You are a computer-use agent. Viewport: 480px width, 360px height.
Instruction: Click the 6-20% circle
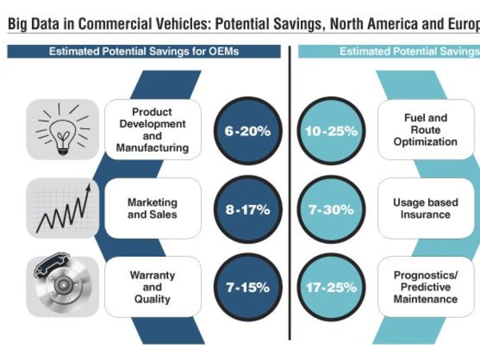[246, 130]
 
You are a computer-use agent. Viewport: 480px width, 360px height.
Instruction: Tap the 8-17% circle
[246, 209]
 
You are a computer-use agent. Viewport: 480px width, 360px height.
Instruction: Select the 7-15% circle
[246, 287]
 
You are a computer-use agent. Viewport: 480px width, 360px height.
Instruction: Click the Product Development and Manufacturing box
[152, 130]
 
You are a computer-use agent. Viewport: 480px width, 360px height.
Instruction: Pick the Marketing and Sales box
[152, 209]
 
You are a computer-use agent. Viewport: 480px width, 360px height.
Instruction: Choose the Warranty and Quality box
[152, 286]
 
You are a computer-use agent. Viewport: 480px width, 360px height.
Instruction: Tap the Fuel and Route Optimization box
[426, 130]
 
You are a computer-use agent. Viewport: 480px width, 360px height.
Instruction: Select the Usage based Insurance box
[426, 209]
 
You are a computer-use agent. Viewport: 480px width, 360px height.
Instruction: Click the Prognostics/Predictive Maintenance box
[426, 286]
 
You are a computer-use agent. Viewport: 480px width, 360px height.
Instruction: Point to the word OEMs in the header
[223, 52]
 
